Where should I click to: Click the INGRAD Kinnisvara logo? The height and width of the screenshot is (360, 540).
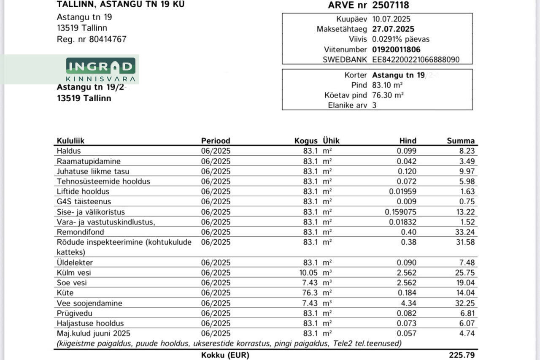pyautogui.click(x=100, y=70)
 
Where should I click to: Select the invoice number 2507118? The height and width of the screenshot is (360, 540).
pyautogui.click(x=390, y=5)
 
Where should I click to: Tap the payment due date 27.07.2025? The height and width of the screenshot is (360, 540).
pyautogui.click(x=393, y=29)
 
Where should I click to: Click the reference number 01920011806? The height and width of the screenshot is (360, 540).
pyautogui.click(x=396, y=49)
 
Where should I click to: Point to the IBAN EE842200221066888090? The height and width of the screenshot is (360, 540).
pyautogui.click(x=416, y=60)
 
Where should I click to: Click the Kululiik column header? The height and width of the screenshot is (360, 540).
pyautogui.click(x=70, y=141)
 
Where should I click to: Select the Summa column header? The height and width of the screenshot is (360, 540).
pyautogui.click(x=461, y=141)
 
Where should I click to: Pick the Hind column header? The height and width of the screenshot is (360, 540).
pyautogui.click(x=408, y=141)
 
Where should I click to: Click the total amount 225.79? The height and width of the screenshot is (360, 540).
pyautogui.click(x=462, y=355)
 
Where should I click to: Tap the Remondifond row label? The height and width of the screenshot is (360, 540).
pyautogui.click(x=80, y=232)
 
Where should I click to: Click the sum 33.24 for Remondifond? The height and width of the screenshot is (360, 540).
pyautogui.click(x=466, y=232)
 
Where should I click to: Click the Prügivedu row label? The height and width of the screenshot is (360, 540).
pyautogui.click(x=74, y=313)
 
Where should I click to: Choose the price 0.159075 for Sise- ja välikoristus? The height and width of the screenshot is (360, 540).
pyautogui.click(x=400, y=212)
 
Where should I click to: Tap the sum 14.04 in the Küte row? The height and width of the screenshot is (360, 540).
pyautogui.click(x=466, y=293)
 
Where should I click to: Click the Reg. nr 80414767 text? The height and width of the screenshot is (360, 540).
pyautogui.click(x=92, y=39)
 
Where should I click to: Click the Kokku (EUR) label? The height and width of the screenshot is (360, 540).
pyautogui.click(x=225, y=355)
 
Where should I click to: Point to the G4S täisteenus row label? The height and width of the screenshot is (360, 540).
pyautogui.click(x=84, y=202)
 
